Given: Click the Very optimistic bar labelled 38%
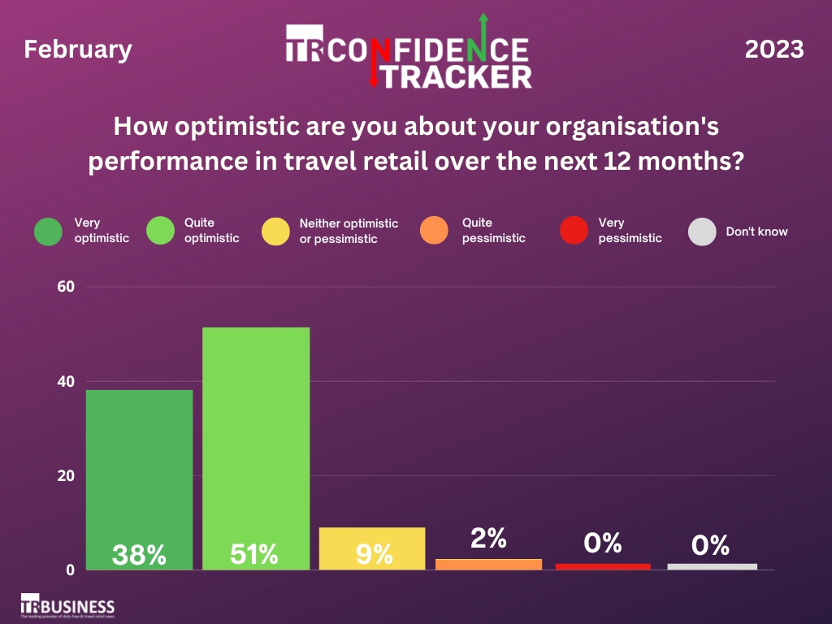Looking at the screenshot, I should (140, 479).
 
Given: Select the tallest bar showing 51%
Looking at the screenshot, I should (256, 448).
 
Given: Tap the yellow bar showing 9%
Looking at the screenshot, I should (372, 548).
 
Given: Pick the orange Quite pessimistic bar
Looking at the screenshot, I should (489, 564).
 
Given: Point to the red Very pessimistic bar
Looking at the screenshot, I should (603, 566).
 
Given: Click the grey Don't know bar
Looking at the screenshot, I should (713, 566).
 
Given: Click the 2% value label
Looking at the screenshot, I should (489, 537).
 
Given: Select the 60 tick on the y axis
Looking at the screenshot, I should (66, 287).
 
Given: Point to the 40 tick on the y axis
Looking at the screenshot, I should (66, 381).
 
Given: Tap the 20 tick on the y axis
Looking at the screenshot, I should (66, 475).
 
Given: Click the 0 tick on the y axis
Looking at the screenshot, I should (70, 570).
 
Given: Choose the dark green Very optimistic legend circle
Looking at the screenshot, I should (49, 231).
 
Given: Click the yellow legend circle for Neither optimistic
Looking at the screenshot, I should (276, 231).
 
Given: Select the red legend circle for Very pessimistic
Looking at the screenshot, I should (574, 231).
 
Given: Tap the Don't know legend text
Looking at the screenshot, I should (756, 232).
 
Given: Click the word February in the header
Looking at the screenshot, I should (78, 50).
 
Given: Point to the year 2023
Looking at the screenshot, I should (774, 50).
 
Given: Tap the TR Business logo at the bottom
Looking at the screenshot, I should (67, 606).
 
